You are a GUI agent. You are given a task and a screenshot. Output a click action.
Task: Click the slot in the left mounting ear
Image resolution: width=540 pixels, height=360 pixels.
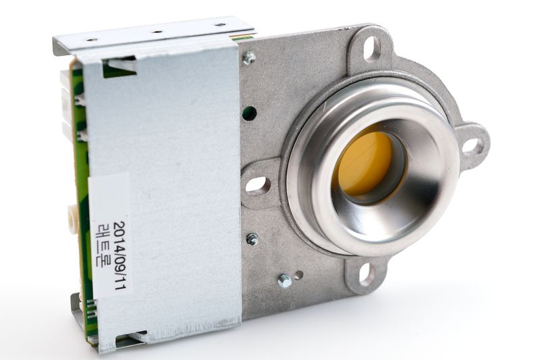tap(255, 184)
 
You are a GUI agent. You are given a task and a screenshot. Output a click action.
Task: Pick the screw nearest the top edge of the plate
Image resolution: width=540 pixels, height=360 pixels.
tap(249, 57)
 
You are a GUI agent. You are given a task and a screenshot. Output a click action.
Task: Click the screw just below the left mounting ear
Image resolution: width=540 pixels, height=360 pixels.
tap(252, 238)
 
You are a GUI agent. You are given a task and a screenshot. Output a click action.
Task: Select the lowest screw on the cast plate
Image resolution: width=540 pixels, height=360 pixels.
tap(284, 280)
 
